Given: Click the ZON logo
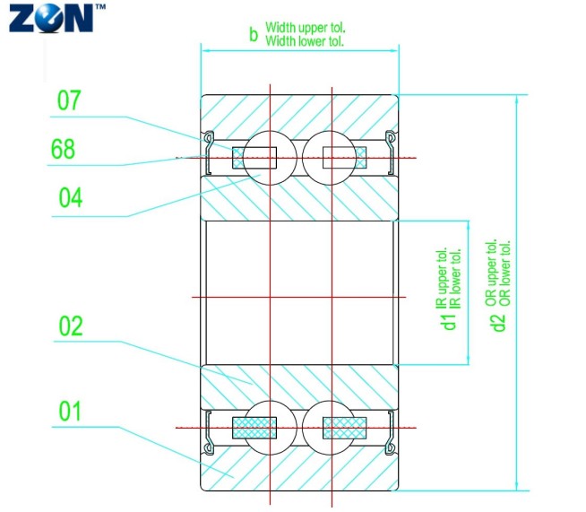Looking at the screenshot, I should tap(51, 17).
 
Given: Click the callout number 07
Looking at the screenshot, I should tap(70, 100).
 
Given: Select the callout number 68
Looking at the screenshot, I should tap(69, 149).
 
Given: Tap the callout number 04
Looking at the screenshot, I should tap(70, 197).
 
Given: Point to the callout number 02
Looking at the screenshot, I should tap(70, 326).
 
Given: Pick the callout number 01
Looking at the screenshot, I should tap(70, 412).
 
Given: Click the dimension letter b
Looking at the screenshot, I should tap(254, 36).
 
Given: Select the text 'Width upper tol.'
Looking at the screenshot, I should tap(304, 29).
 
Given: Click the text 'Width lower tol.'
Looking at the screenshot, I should tap(304, 41).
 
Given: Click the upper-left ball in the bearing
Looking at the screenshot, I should tap(268, 158).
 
